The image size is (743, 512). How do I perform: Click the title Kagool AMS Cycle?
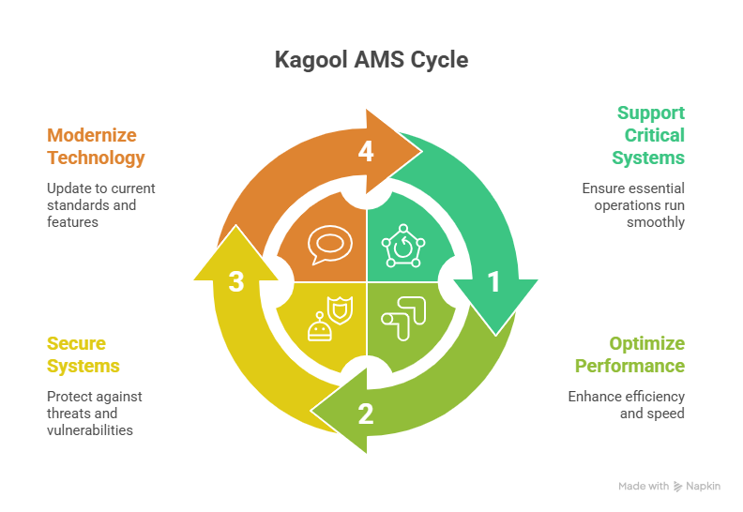[371, 61]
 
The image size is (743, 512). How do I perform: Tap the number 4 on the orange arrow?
[366, 151]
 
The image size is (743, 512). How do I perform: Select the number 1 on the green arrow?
[493, 281]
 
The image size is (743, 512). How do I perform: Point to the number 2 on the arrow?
[365, 413]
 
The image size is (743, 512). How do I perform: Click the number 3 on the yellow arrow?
[236, 281]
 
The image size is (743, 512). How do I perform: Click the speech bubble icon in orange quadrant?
[326, 247]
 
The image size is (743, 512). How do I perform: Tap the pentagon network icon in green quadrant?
[403, 247]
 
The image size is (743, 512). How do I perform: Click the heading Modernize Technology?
[96, 146]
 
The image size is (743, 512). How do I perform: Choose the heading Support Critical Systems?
[648, 135]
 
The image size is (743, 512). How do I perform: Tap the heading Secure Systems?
[83, 354]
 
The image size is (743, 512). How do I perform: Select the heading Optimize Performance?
[629, 354]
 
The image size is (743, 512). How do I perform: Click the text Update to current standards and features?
[101, 205]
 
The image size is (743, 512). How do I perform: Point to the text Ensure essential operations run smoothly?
[633, 205]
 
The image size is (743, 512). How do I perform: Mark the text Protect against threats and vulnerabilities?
[95, 413]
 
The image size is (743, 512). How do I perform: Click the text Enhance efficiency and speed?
[627, 404]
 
